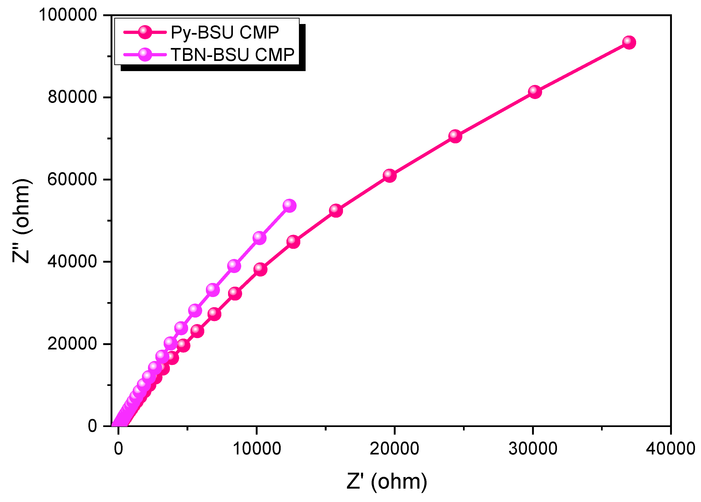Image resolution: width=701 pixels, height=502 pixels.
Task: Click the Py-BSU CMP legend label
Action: tap(225, 33)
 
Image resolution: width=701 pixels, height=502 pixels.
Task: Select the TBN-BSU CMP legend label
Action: tap(232, 55)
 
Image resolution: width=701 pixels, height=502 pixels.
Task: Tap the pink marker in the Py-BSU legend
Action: tap(145, 32)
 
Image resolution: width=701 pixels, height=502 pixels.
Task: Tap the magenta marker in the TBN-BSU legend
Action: tap(145, 55)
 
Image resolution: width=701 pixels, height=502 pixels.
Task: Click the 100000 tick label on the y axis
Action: tap(68, 15)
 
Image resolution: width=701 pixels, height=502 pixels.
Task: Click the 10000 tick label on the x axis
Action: tap(256, 448)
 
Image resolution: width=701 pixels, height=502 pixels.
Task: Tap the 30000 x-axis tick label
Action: tap(533, 448)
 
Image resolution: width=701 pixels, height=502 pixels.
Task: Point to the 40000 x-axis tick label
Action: tap(670, 448)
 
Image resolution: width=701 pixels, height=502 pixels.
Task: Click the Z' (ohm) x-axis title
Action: tap(387, 481)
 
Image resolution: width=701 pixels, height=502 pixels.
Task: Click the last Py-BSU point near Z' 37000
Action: tap(629, 42)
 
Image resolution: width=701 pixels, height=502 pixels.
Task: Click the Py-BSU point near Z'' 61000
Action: tap(389, 175)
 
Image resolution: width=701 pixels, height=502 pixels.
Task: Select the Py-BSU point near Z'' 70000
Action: tap(455, 136)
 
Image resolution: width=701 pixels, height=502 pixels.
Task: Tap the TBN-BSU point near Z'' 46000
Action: tap(259, 238)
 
